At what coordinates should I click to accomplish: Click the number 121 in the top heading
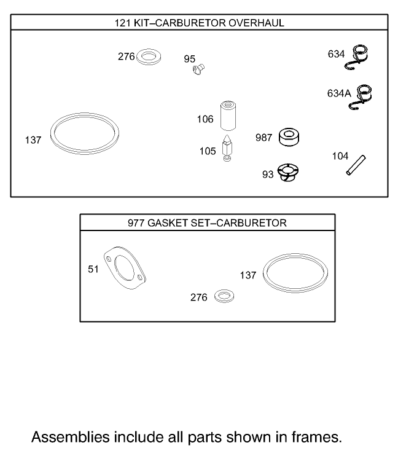tap(123, 23)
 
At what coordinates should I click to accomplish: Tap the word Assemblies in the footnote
tap(68, 438)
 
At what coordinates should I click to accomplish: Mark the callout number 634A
tap(338, 93)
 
